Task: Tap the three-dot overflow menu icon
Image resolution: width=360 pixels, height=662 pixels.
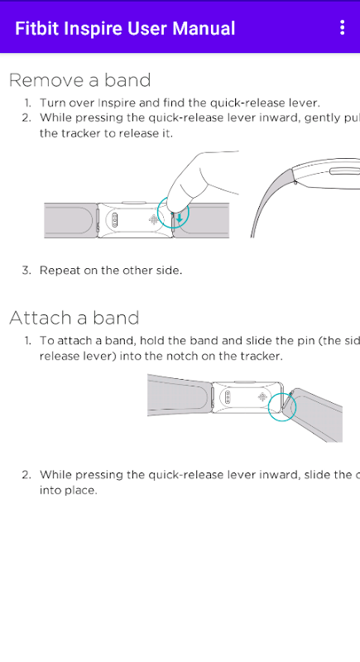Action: click(342, 27)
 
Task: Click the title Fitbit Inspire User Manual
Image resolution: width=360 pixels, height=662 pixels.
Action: click(125, 28)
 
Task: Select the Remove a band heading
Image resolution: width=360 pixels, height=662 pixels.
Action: click(79, 80)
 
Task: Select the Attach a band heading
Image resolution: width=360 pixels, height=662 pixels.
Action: click(74, 318)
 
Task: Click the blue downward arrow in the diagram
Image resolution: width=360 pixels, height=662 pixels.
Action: click(180, 218)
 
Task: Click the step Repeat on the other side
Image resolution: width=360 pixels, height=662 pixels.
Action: click(111, 271)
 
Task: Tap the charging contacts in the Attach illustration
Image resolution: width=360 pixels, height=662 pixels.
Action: click(228, 397)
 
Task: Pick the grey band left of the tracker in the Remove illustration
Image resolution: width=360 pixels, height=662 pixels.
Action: click(71, 220)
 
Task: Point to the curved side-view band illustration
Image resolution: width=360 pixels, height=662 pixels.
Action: click(304, 190)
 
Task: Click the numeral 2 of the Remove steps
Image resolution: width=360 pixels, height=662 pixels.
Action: click(26, 118)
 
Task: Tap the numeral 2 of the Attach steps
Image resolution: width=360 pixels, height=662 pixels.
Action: click(26, 475)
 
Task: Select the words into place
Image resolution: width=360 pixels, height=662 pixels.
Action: click(69, 491)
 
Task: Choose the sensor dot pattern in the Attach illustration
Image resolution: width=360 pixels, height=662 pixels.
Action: click(262, 397)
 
